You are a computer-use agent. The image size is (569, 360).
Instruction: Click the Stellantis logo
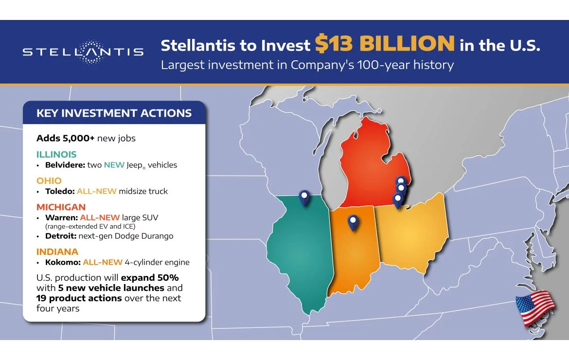[x=83, y=52]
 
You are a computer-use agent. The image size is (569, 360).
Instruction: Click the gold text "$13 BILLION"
[x=385, y=44]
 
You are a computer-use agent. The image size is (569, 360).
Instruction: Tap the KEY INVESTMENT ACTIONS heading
[x=114, y=113]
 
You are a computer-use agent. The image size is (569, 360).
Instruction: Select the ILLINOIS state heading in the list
[x=56, y=154]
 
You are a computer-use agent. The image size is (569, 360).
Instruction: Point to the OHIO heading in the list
[x=49, y=180]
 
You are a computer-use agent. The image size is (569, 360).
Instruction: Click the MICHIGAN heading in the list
[x=61, y=207]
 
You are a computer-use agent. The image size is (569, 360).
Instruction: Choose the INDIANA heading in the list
[x=57, y=252]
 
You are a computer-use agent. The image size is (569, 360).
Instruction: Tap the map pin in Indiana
[x=353, y=222]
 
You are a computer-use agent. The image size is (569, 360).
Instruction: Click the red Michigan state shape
[x=370, y=171]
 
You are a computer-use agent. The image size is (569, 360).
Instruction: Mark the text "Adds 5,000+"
[x=65, y=138]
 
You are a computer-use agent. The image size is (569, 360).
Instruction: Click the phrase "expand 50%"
[x=150, y=278]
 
